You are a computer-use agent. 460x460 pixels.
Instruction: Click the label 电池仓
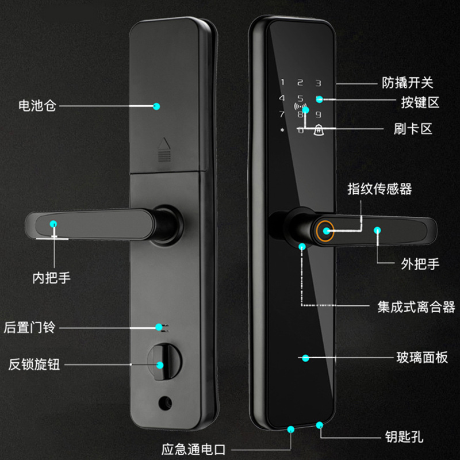37,106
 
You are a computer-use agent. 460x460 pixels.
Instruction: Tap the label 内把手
51,278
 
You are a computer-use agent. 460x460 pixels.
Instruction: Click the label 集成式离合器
416,306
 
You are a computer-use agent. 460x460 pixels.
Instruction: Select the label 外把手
420,264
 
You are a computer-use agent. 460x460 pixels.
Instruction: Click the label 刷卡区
412,128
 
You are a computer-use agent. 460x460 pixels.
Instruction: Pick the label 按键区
420,103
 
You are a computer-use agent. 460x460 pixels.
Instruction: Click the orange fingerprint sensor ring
326,231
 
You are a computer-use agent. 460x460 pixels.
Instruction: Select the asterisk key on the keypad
282,131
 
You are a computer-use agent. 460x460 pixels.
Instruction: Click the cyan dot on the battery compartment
156,106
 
